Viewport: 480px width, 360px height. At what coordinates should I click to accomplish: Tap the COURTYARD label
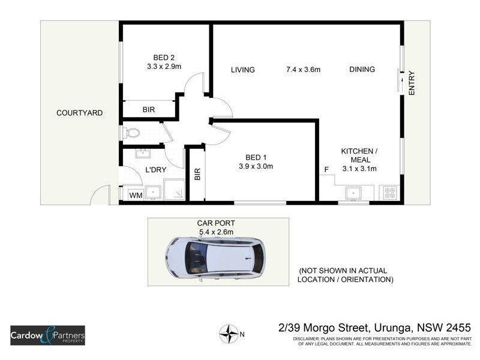pyautogui.click(x=79, y=113)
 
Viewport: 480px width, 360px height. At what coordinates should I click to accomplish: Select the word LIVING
pyautogui.click(x=243, y=70)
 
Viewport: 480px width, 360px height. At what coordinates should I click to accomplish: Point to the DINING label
pyautogui.click(x=362, y=70)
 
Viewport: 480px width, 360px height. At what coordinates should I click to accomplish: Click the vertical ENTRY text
pyautogui.click(x=412, y=83)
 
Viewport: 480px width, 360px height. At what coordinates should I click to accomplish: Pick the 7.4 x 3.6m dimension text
pyautogui.click(x=303, y=70)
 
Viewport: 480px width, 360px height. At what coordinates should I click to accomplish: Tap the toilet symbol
pyautogui.click(x=131, y=132)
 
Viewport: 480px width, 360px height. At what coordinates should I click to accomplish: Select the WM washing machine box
pyautogui.click(x=136, y=194)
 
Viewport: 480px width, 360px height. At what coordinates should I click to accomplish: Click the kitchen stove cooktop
pyautogui.click(x=389, y=193)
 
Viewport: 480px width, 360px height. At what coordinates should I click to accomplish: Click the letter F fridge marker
pyautogui.click(x=326, y=170)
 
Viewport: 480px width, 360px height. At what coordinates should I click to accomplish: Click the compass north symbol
pyautogui.click(x=228, y=333)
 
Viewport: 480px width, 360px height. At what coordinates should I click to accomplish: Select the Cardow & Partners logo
pyautogui.click(x=47, y=335)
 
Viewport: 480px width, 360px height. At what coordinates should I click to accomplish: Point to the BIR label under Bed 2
pyautogui.click(x=149, y=110)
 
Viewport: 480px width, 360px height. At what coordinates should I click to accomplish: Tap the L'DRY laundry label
pyautogui.click(x=156, y=170)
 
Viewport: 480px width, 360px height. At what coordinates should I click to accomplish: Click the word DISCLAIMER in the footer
pyautogui.click(x=308, y=339)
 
